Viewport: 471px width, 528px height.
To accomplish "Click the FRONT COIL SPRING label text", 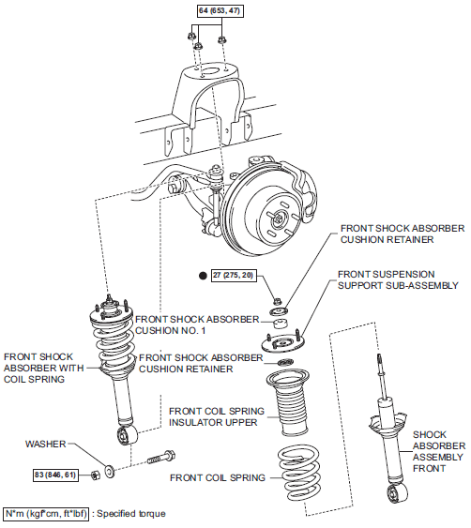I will pos(217,477).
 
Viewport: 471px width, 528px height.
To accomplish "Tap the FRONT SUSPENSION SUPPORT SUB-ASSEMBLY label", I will pos(398,279).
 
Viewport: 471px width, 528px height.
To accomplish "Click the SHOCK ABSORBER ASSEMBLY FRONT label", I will pos(438,449).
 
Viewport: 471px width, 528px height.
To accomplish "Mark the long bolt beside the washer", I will pos(160,460).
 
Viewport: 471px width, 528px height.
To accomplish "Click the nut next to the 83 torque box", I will pos(97,475).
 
